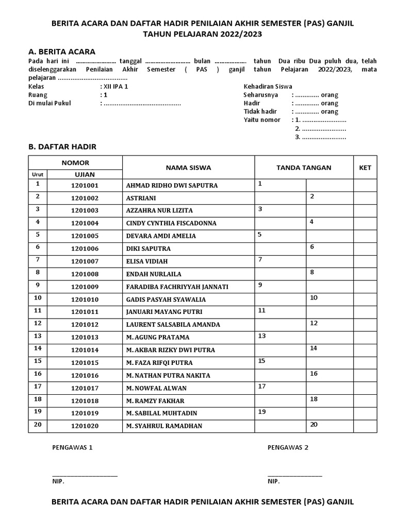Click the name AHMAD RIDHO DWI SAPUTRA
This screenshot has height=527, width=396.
point(172,185)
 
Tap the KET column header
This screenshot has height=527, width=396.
point(365,168)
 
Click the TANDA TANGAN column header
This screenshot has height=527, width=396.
point(304,168)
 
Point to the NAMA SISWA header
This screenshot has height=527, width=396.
point(188,168)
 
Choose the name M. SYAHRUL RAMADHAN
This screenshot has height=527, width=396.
point(164,426)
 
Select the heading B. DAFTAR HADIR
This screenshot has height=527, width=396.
point(62,147)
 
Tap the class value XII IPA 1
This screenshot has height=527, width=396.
point(115,87)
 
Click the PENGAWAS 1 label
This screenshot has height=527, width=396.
point(72,447)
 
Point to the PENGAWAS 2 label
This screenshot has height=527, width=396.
point(288,447)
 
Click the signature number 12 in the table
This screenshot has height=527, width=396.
point(313,323)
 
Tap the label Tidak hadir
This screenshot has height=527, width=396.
point(260,112)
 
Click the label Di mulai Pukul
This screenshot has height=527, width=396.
point(49,103)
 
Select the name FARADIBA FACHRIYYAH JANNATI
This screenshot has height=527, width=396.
point(177,287)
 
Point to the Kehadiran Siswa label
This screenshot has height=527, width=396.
point(268,87)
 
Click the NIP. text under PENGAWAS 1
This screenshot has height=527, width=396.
point(58,482)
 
